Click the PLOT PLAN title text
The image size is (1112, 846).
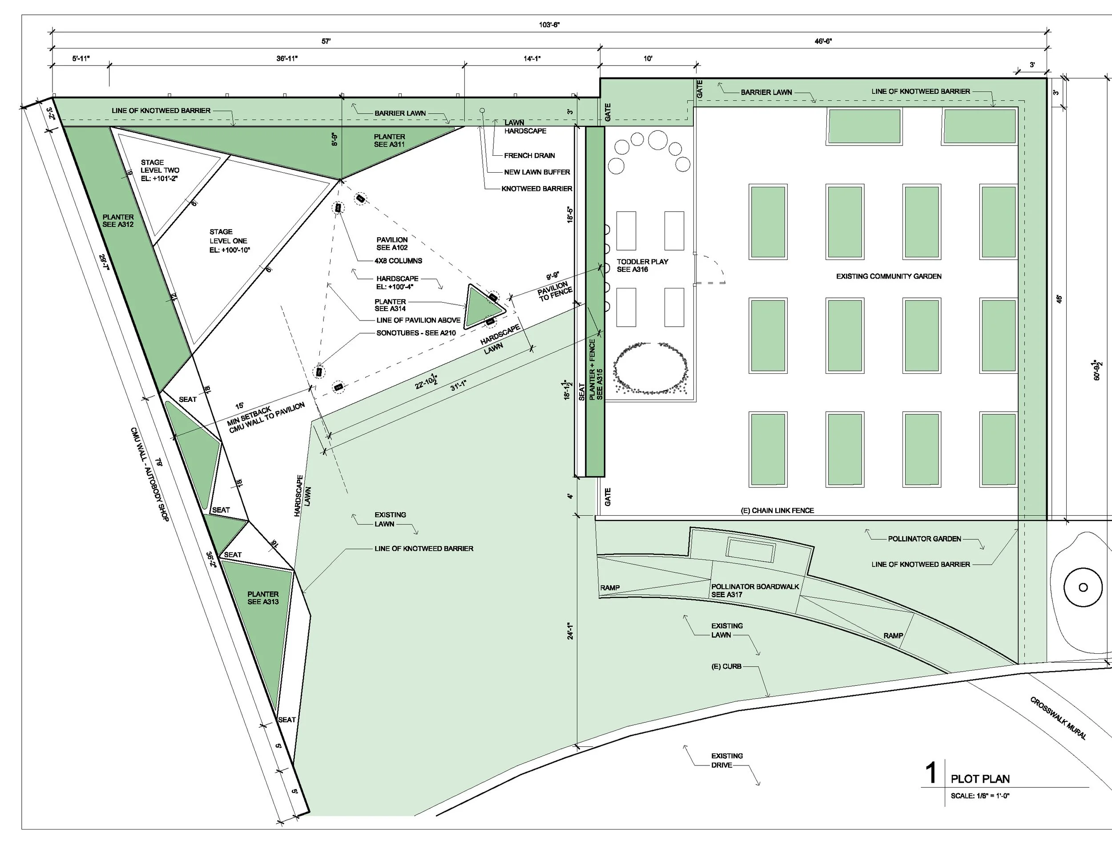point(979,779)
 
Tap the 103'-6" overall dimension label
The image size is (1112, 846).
point(549,24)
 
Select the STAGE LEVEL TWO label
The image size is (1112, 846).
point(160,170)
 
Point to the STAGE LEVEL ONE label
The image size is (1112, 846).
point(230,241)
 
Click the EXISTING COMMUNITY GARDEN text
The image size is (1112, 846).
point(889,276)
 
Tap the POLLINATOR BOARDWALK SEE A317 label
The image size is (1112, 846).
point(755,590)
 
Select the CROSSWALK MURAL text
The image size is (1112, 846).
point(1058,718)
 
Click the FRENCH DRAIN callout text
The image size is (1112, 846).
point(529,156)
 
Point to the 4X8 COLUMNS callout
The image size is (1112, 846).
point(398,261)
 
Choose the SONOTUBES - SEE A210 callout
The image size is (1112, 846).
point(416,333)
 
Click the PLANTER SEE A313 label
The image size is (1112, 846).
point(262,598)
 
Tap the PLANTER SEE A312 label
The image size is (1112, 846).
point(118,221)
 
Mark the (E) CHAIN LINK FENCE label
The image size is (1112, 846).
point(778,510)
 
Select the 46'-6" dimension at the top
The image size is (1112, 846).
point(823,41)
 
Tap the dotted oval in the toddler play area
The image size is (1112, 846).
point(651,368)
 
